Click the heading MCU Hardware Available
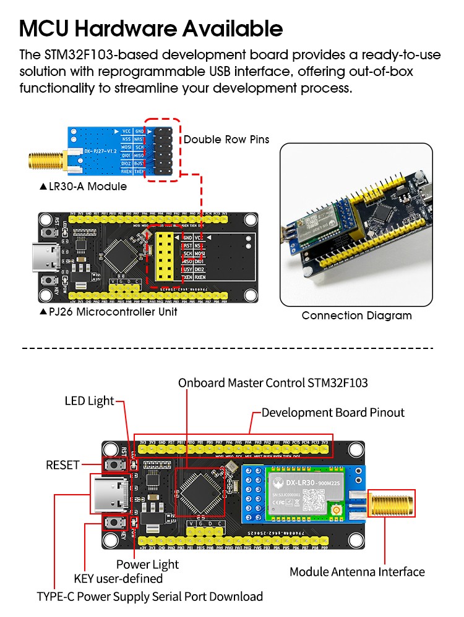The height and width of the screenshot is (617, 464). coord(151,28)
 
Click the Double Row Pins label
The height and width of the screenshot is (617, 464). coord(226,139)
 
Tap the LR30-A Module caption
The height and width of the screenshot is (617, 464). coord(83,186)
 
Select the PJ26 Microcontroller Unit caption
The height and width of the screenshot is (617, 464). coord(108,312)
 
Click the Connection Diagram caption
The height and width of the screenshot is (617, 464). coord(356,316)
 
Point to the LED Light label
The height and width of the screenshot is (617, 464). coord(90,401)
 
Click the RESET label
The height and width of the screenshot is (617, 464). coord(62,464)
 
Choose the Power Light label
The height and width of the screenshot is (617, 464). coord(147,564)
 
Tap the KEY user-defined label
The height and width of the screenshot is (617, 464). coord(118,579)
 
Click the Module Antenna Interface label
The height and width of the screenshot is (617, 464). coord(357,572)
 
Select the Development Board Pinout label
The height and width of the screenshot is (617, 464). coord(333,413)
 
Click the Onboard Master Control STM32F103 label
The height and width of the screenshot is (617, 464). coord(273,383)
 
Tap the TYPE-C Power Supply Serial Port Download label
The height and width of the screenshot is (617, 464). coord(150,596)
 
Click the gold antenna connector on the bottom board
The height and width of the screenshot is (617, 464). coord(391,503)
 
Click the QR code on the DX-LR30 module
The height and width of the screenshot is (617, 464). coord(315,497)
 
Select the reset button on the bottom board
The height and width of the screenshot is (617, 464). coord(113,464)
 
